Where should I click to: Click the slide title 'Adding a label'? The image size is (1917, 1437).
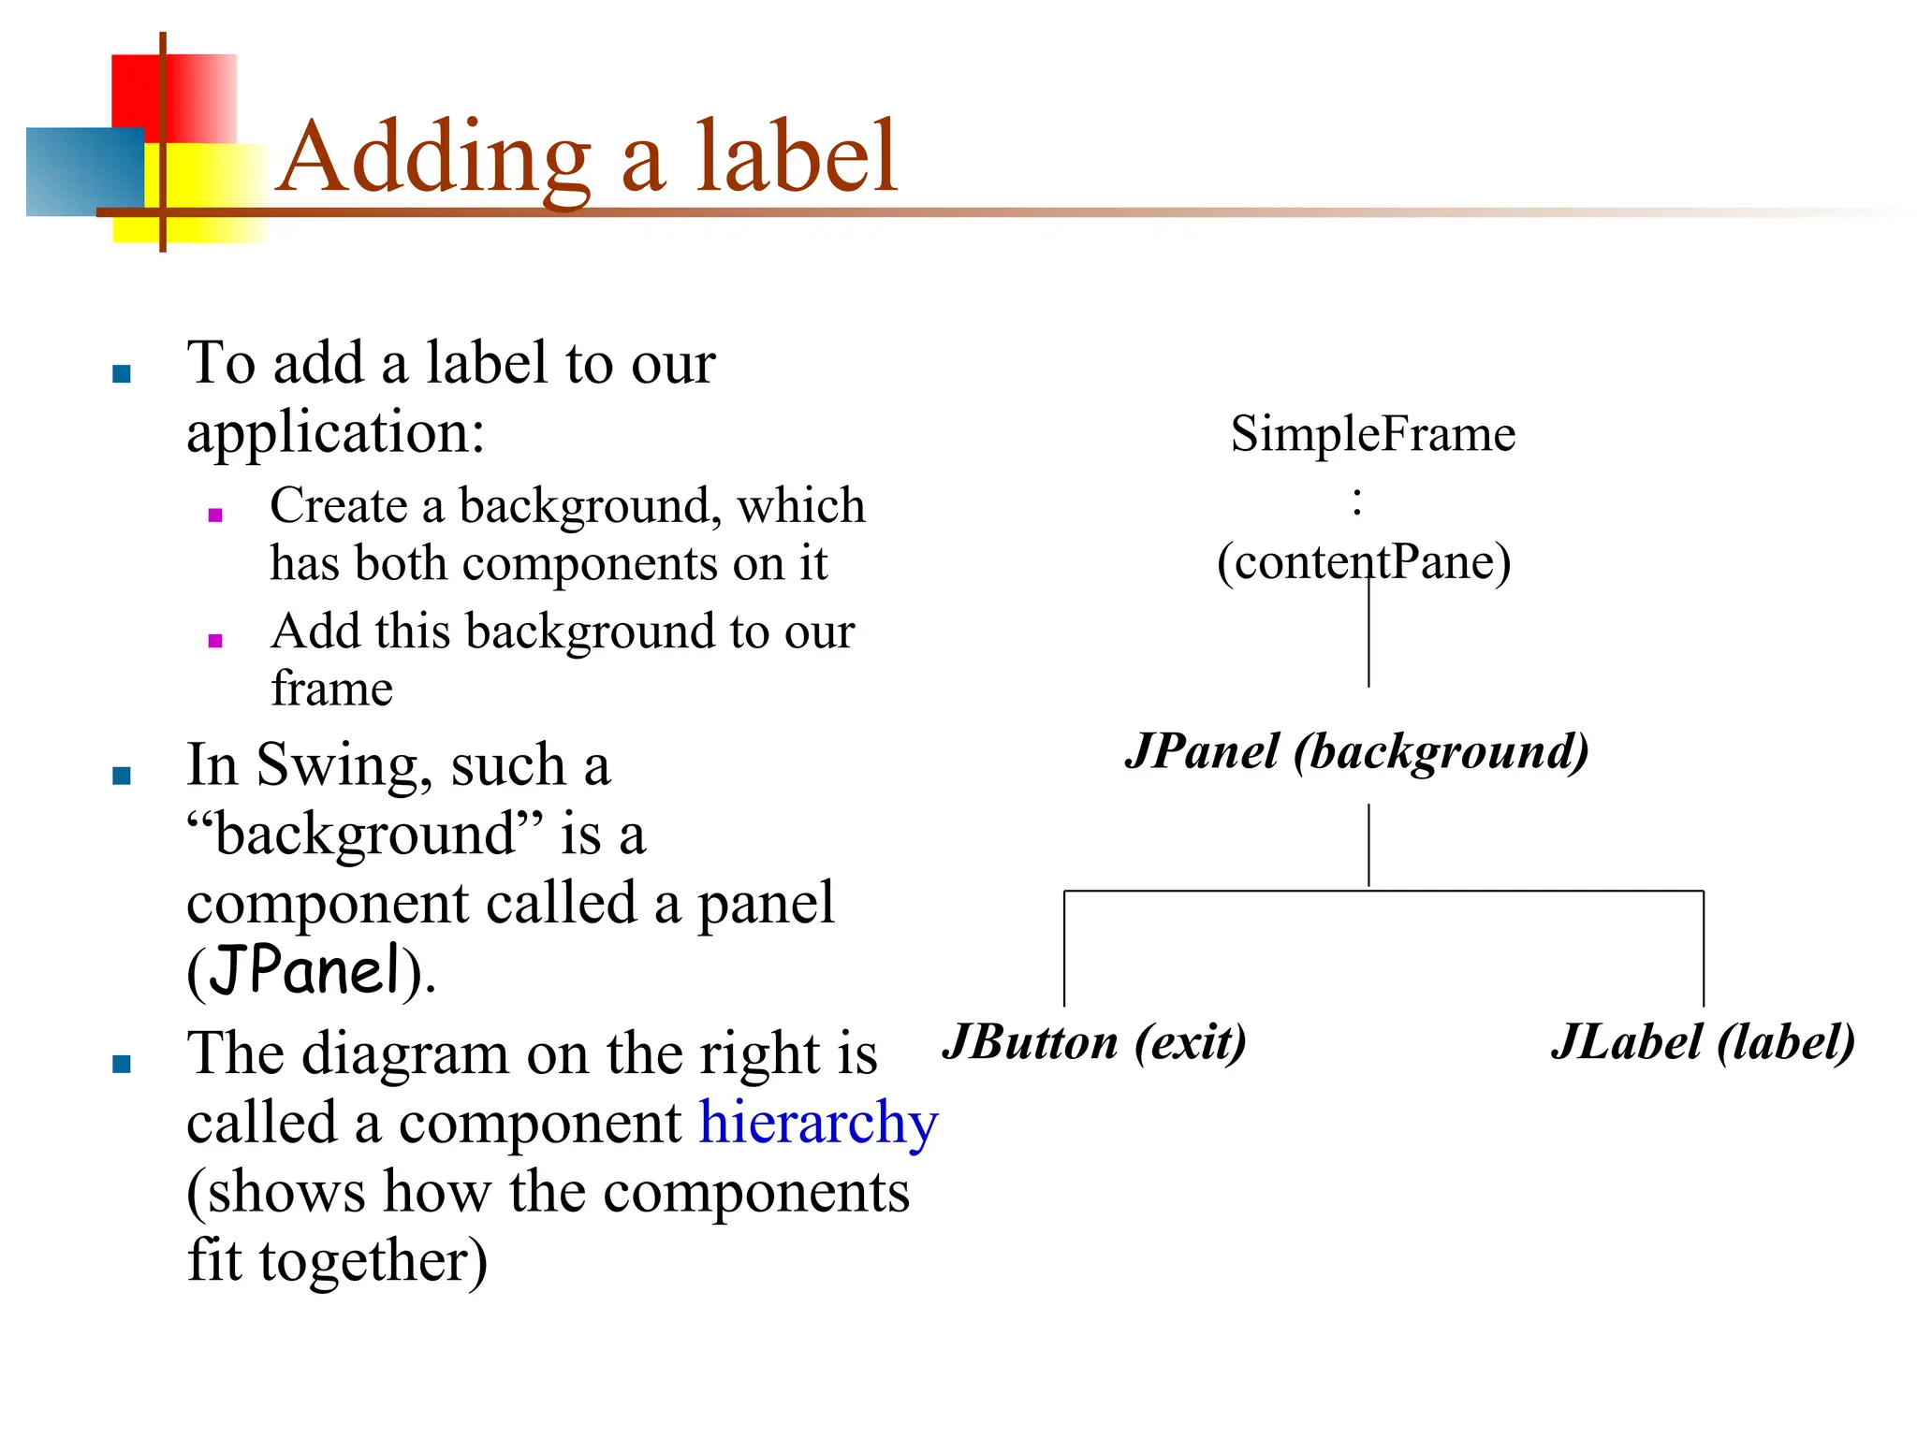(588, 157)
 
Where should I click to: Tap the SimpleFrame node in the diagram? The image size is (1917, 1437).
(1372, 434)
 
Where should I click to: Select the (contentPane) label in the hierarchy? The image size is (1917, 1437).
(1364, 562)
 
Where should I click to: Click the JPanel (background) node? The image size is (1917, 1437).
(1357, 751)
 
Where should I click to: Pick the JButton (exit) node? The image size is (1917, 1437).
(1094, 1042)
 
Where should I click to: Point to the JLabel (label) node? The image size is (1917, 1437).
(1703, 1042)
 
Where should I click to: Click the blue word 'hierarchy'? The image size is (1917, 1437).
(818, 1123)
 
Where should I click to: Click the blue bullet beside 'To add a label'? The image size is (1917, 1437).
(122, 374)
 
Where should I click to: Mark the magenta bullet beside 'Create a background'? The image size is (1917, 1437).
(215, 515)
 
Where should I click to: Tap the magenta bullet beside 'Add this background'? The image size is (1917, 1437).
(215, 641)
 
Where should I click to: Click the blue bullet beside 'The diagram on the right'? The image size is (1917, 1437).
(122, 1064)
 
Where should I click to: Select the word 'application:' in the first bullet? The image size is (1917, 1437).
(336, 433)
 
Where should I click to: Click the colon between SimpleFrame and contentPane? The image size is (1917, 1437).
(1357, 501)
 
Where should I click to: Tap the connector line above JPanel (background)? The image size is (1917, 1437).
(1368, 636)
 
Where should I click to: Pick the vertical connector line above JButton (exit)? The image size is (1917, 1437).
(1064, 947)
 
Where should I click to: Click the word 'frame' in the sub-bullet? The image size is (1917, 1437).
(331, 689)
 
